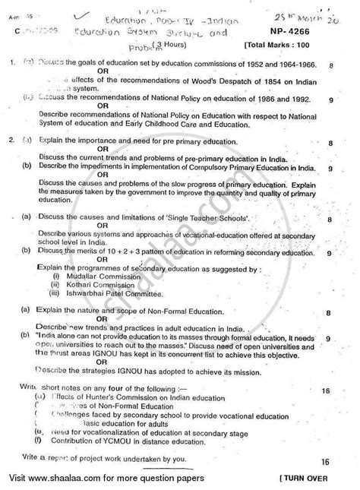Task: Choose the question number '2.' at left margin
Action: (x=9, y=140)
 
